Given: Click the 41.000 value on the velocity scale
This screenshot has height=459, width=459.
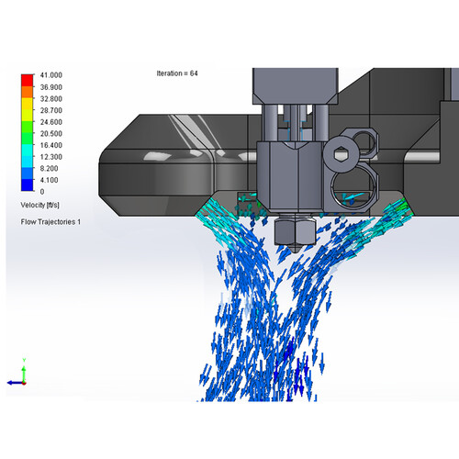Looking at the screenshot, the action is [x=51, y=75].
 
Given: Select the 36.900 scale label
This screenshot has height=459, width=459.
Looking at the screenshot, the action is [x=51, y=87].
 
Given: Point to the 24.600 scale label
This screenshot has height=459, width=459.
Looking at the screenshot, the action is [x=51, y=122].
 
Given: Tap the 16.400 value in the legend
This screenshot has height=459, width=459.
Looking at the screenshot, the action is [x=51, y=145].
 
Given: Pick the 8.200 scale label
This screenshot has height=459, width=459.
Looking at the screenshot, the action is [x=49, y=169].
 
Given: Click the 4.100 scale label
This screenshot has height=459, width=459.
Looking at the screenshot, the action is [x=49, y=180].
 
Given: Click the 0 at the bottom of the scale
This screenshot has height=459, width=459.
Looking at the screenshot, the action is [x=42, y=192].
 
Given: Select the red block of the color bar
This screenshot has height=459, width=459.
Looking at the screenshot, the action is [x=27, y=80].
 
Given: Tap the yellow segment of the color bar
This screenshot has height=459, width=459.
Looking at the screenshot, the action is [x=27, y=104].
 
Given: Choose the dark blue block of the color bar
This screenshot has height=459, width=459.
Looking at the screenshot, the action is [x=27, y=185].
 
